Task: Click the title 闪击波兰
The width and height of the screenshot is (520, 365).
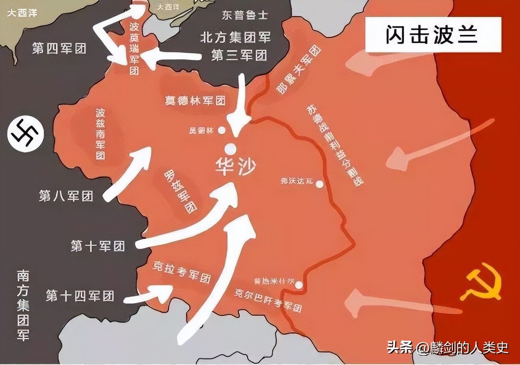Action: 432,35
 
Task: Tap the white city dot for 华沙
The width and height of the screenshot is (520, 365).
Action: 231,148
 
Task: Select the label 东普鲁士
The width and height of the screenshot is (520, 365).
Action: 245,15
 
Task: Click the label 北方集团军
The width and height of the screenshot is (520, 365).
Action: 235,38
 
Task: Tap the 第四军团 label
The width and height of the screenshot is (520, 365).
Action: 59,49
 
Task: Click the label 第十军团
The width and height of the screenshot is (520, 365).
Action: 97,246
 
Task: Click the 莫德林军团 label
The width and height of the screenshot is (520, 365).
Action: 195,100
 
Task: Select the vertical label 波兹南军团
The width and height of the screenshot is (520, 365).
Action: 100,134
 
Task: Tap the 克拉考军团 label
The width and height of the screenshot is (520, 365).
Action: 181,272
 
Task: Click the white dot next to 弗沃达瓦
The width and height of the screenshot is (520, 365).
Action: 320,184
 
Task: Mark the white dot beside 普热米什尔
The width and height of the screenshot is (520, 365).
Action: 299,285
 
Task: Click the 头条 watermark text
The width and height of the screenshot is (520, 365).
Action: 400,347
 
